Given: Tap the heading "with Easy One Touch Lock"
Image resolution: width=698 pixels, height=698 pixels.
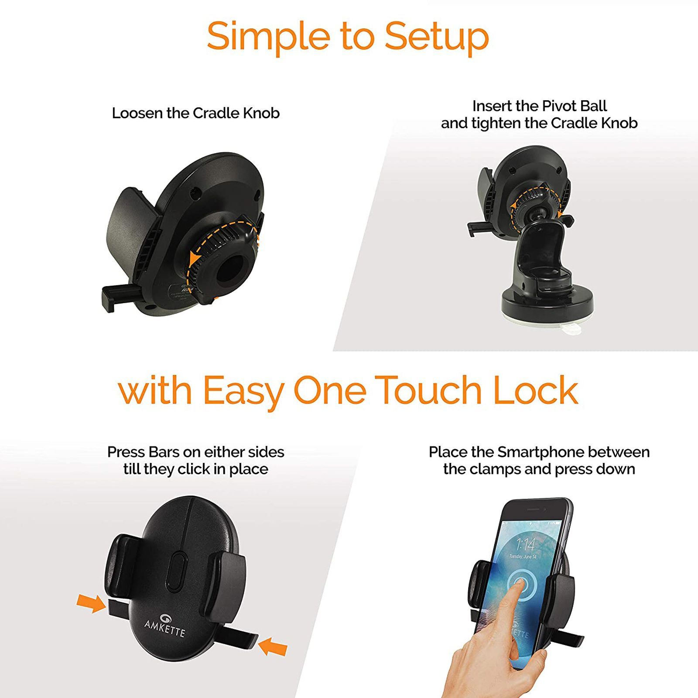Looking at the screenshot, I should coord(348,390).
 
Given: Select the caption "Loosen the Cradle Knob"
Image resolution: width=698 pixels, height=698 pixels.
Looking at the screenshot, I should coord(195,113).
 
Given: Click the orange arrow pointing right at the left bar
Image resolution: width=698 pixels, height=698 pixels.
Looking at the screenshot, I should coord(91,604).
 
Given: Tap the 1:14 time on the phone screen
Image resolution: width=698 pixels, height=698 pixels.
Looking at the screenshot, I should coord(525,544).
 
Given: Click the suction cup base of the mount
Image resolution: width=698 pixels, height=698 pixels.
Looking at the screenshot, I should coord(547,303).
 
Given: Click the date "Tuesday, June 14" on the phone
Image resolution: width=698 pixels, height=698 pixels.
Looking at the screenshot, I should coord(523,557).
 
